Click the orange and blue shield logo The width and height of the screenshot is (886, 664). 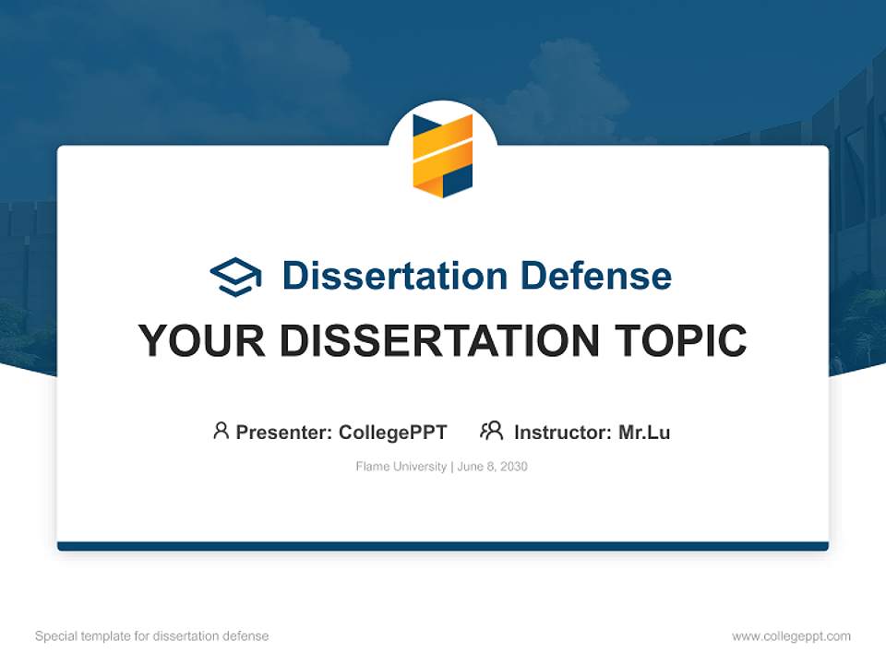(x=443, y=155)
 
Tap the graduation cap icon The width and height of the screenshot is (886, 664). (x=235, y=277)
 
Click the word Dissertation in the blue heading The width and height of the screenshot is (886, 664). (x=395, y=276)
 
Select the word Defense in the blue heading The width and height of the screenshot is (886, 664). (x=596, y=276)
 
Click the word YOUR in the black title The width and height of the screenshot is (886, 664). (x=202, y=340)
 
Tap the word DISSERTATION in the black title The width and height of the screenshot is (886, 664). (x=439, y=340)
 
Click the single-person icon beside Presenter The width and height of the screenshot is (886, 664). (x=221, y=431)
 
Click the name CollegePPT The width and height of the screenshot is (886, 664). (x=393, y=433)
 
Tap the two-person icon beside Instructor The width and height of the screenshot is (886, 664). (x=492, y=431)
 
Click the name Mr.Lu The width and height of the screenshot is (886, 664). (x=644, y=433)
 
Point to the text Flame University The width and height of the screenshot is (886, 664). (x=401, y=467)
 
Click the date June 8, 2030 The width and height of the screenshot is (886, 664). (x=492, y=467)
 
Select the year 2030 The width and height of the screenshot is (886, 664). (x=514, y=467)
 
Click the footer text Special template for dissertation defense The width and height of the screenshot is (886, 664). (x=152, y=636)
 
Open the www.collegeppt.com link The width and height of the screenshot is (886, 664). (x=791, y=636)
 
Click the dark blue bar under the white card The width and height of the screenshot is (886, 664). (x=443, y=546)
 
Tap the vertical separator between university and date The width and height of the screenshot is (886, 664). (x=452, y=467)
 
